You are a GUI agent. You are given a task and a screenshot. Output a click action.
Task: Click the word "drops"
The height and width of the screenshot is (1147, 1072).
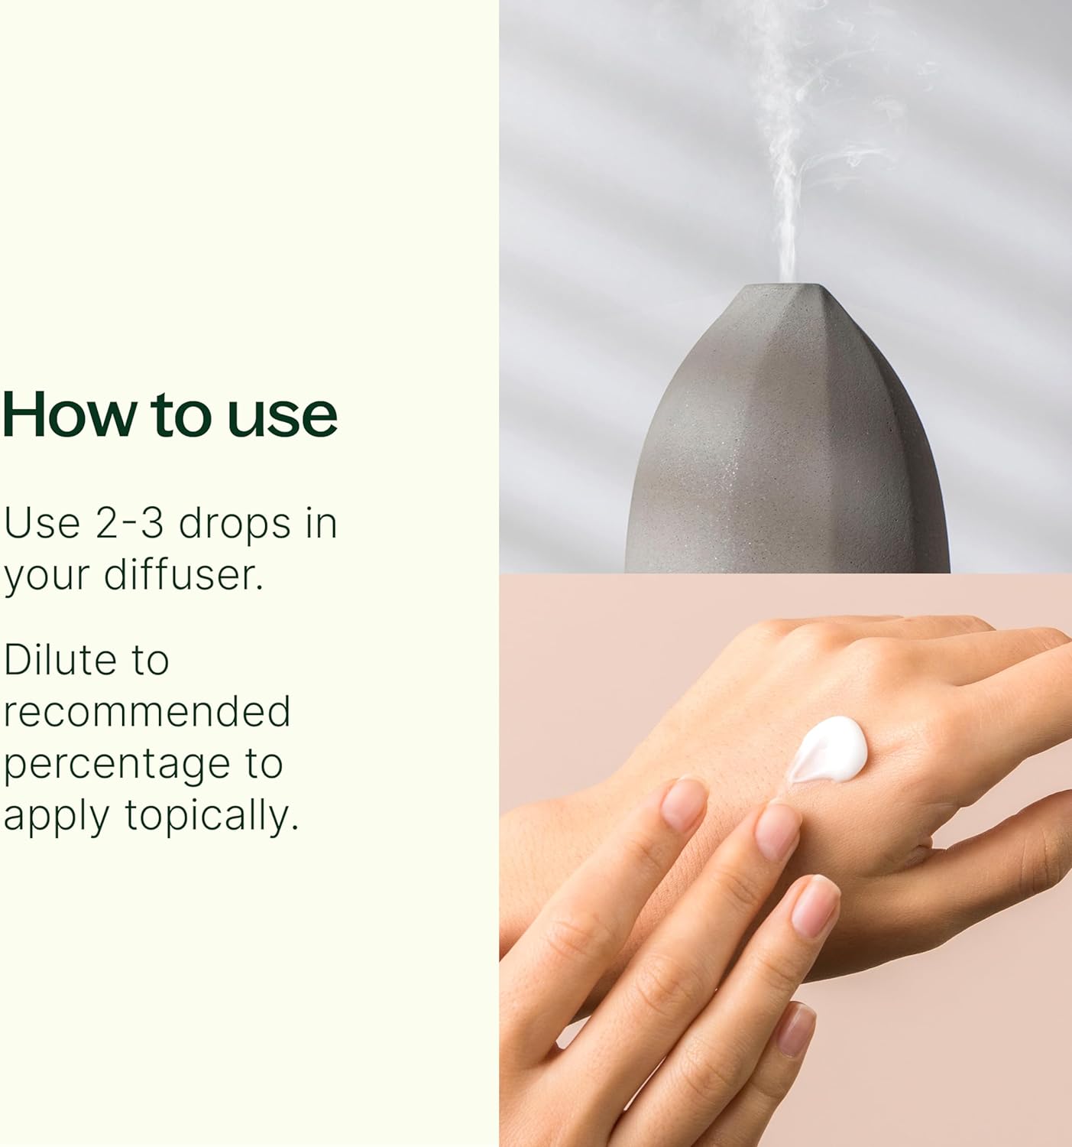tap(235, 525)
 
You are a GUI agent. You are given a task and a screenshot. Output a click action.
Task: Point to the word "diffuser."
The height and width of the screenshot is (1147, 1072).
tap(183, 574)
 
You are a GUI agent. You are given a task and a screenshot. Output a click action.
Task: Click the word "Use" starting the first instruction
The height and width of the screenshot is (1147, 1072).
tap(42, 523)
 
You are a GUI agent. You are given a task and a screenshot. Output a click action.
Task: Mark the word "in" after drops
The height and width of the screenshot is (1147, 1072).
tap(321, 523)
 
